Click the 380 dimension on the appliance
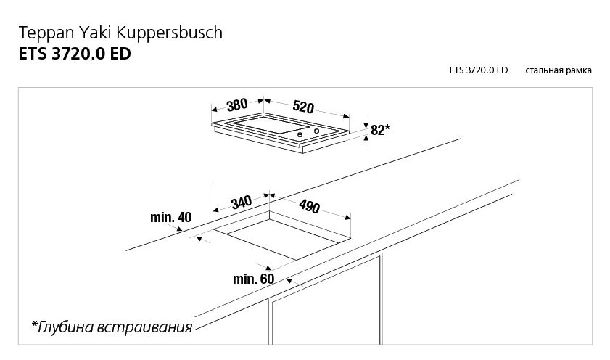coord(237,105)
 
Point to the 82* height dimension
coord(380,130)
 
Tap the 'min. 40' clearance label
coord(170,217)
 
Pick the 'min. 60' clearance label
coord(253,279)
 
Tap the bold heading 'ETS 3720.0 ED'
coord(74,54)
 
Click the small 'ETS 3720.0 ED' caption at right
coord(478,70)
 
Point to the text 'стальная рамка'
coord(559,70)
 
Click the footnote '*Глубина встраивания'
coord(112,327)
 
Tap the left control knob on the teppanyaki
coord(300,133)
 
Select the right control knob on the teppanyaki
coord(316,131)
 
